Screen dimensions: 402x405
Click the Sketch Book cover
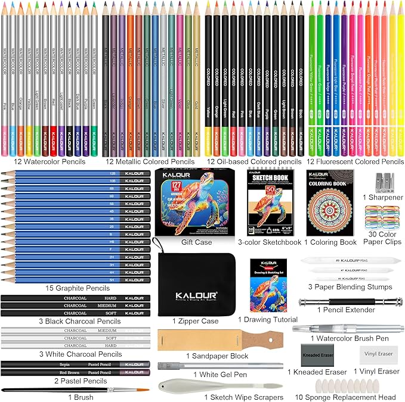coord(266,202)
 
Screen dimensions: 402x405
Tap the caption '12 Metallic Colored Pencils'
coord(149,161)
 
